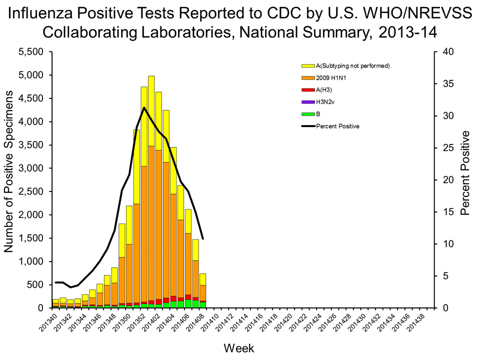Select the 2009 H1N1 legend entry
pyautogui.click(x=329, y=77)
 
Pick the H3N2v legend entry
pyautogui.click(x=325, y=101)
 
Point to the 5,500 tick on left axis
pyautogui.click(x=35, y=52)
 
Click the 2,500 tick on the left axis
pyautogui.click(x=35, y=191)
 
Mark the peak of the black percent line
pyautogui.click(x=144, y=107)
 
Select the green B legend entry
pyautogui.click(x=317, y=113)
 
